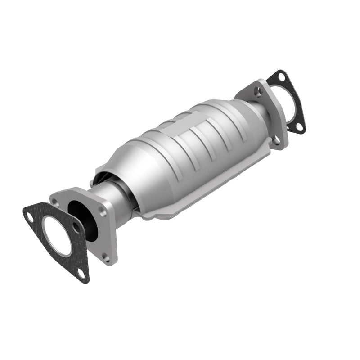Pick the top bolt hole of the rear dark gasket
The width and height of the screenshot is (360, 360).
281,76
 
